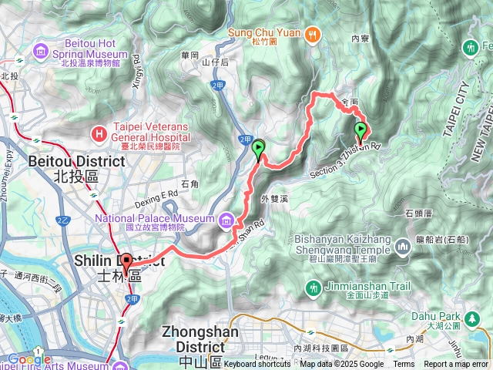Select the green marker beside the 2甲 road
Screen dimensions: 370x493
point(258,147)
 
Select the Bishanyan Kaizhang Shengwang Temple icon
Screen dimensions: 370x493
point(402,247)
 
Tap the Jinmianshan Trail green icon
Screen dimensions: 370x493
point(313,288)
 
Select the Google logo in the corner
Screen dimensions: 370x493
point(28,359)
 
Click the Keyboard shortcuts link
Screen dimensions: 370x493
point(258,365)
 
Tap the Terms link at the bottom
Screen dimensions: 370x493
point(404,365)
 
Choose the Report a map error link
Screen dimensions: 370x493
point(456,365)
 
